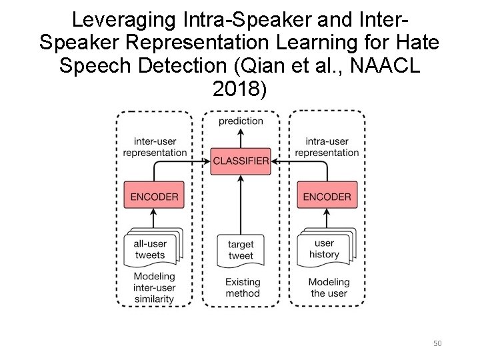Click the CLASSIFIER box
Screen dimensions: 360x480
[x=241, y=161]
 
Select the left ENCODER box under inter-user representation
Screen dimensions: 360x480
[x=154, y=197]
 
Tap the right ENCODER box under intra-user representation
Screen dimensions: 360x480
[x=327, y=197]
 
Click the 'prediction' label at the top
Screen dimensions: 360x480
[x=241, y=121]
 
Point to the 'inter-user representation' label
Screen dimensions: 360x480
[x=155, y=147]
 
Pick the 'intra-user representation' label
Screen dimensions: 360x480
[x=327, y=147]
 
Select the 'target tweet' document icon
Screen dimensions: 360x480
[x=240, y=250]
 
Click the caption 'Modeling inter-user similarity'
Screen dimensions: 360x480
[x=154, y=287]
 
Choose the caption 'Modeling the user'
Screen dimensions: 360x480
[x=328, y=287]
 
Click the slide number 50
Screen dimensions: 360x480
[x=437, y=343]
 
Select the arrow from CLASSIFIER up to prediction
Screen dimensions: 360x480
[x=241, y=138]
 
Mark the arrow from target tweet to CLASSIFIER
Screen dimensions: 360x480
[x=241, y=203]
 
